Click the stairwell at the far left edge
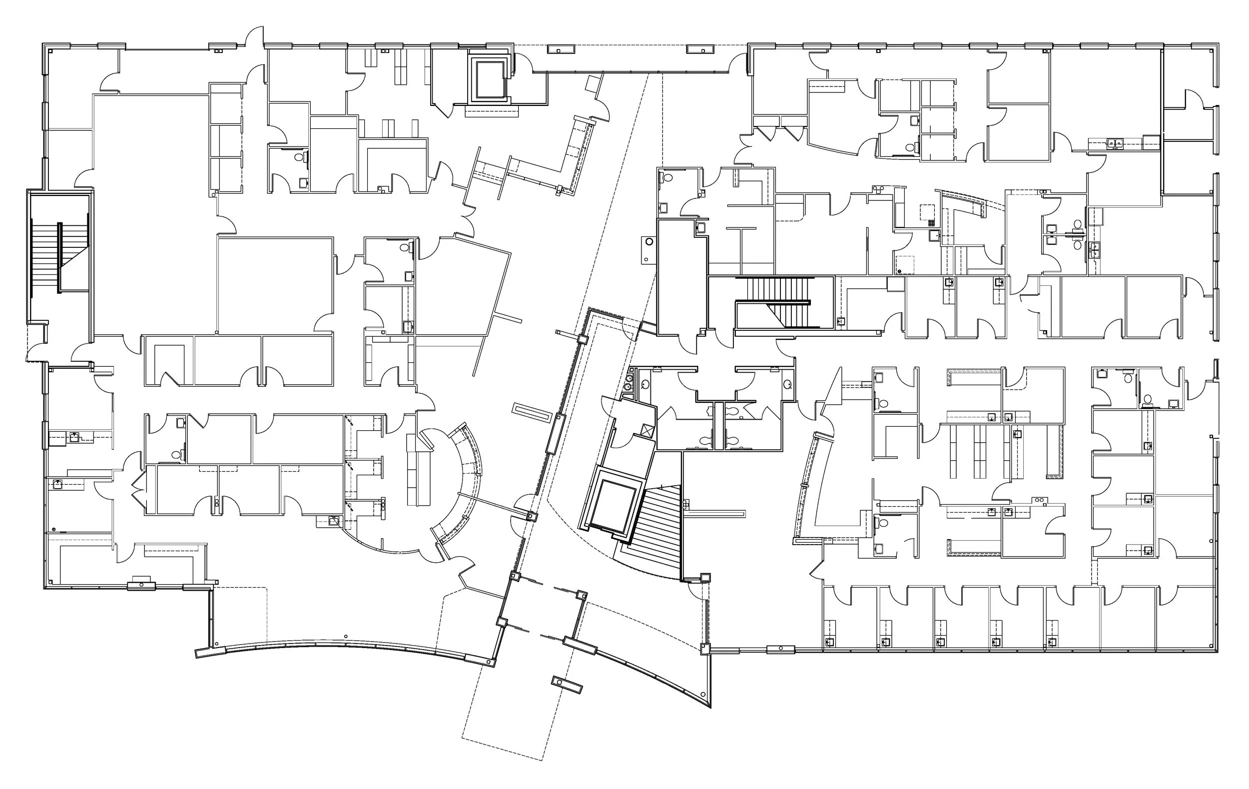tap(59, 257)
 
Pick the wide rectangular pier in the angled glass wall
tap(555, 434)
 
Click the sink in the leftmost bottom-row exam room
tap(829, 641)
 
